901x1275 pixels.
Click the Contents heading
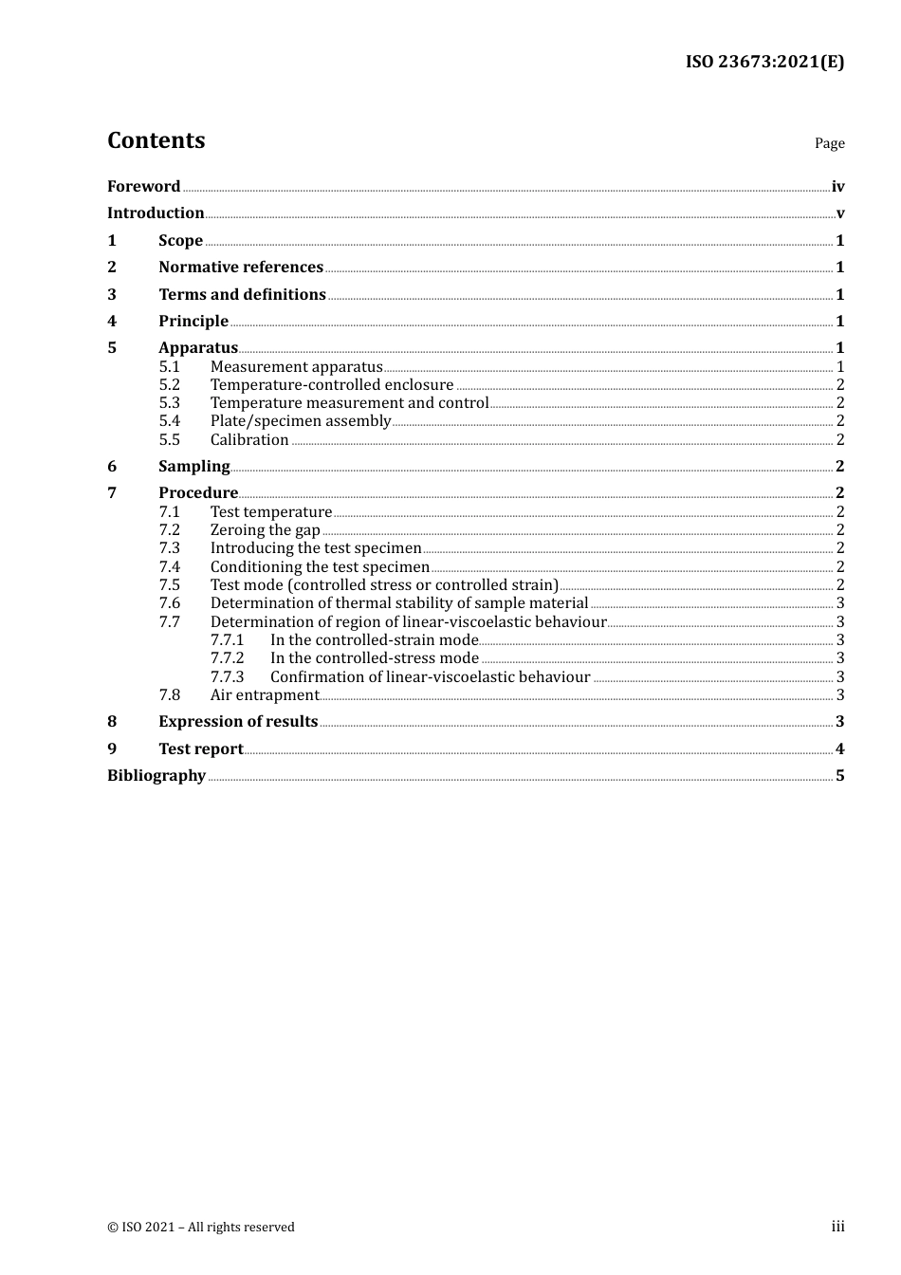[156, 140]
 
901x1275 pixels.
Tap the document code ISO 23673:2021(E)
[764, 62]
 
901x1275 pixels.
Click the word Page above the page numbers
[829, 143]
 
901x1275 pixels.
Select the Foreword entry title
[143, 186]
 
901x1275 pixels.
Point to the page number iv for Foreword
[837, 187]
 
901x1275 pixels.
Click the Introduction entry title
[156, 212]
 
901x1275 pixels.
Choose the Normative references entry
[241, 267]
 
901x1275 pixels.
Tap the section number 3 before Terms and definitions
[112, 294]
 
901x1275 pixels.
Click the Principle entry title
[193, 321]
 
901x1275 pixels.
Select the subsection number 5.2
[169, 384]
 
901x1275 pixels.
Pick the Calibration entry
[249, 439]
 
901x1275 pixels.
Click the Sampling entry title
[194, 466]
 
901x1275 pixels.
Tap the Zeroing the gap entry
[266, 529]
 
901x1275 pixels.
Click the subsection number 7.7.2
[227, 657]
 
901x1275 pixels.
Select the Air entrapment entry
[265, 694]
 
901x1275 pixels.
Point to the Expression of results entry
[238, 721]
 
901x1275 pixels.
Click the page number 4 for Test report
[839, 748]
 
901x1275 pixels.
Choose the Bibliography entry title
[156, 775]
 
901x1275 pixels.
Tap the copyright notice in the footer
[201, 1227]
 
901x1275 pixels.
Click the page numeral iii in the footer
[837, 1227]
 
